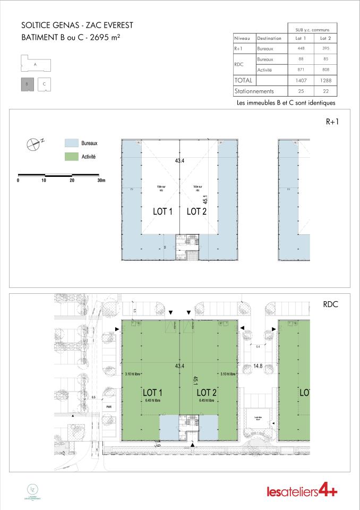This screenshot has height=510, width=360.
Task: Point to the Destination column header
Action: click(x=269, y=38)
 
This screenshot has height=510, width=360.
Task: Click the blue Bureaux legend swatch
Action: click(x=71, y=143)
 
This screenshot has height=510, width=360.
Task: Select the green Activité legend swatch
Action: click(x=71, y=157)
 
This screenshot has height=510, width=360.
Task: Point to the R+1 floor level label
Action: click(x=332, y=122)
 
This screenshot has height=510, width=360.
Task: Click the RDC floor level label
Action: click(x=331, y=304)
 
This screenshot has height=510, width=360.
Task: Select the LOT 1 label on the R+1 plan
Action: click(x=163, y=211)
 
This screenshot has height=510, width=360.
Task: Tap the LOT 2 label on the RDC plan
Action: click(x=207, y=393)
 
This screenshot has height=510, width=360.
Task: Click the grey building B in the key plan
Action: click(x=27, y=84)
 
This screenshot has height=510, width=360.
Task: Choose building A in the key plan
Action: click(x=35, y=64)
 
